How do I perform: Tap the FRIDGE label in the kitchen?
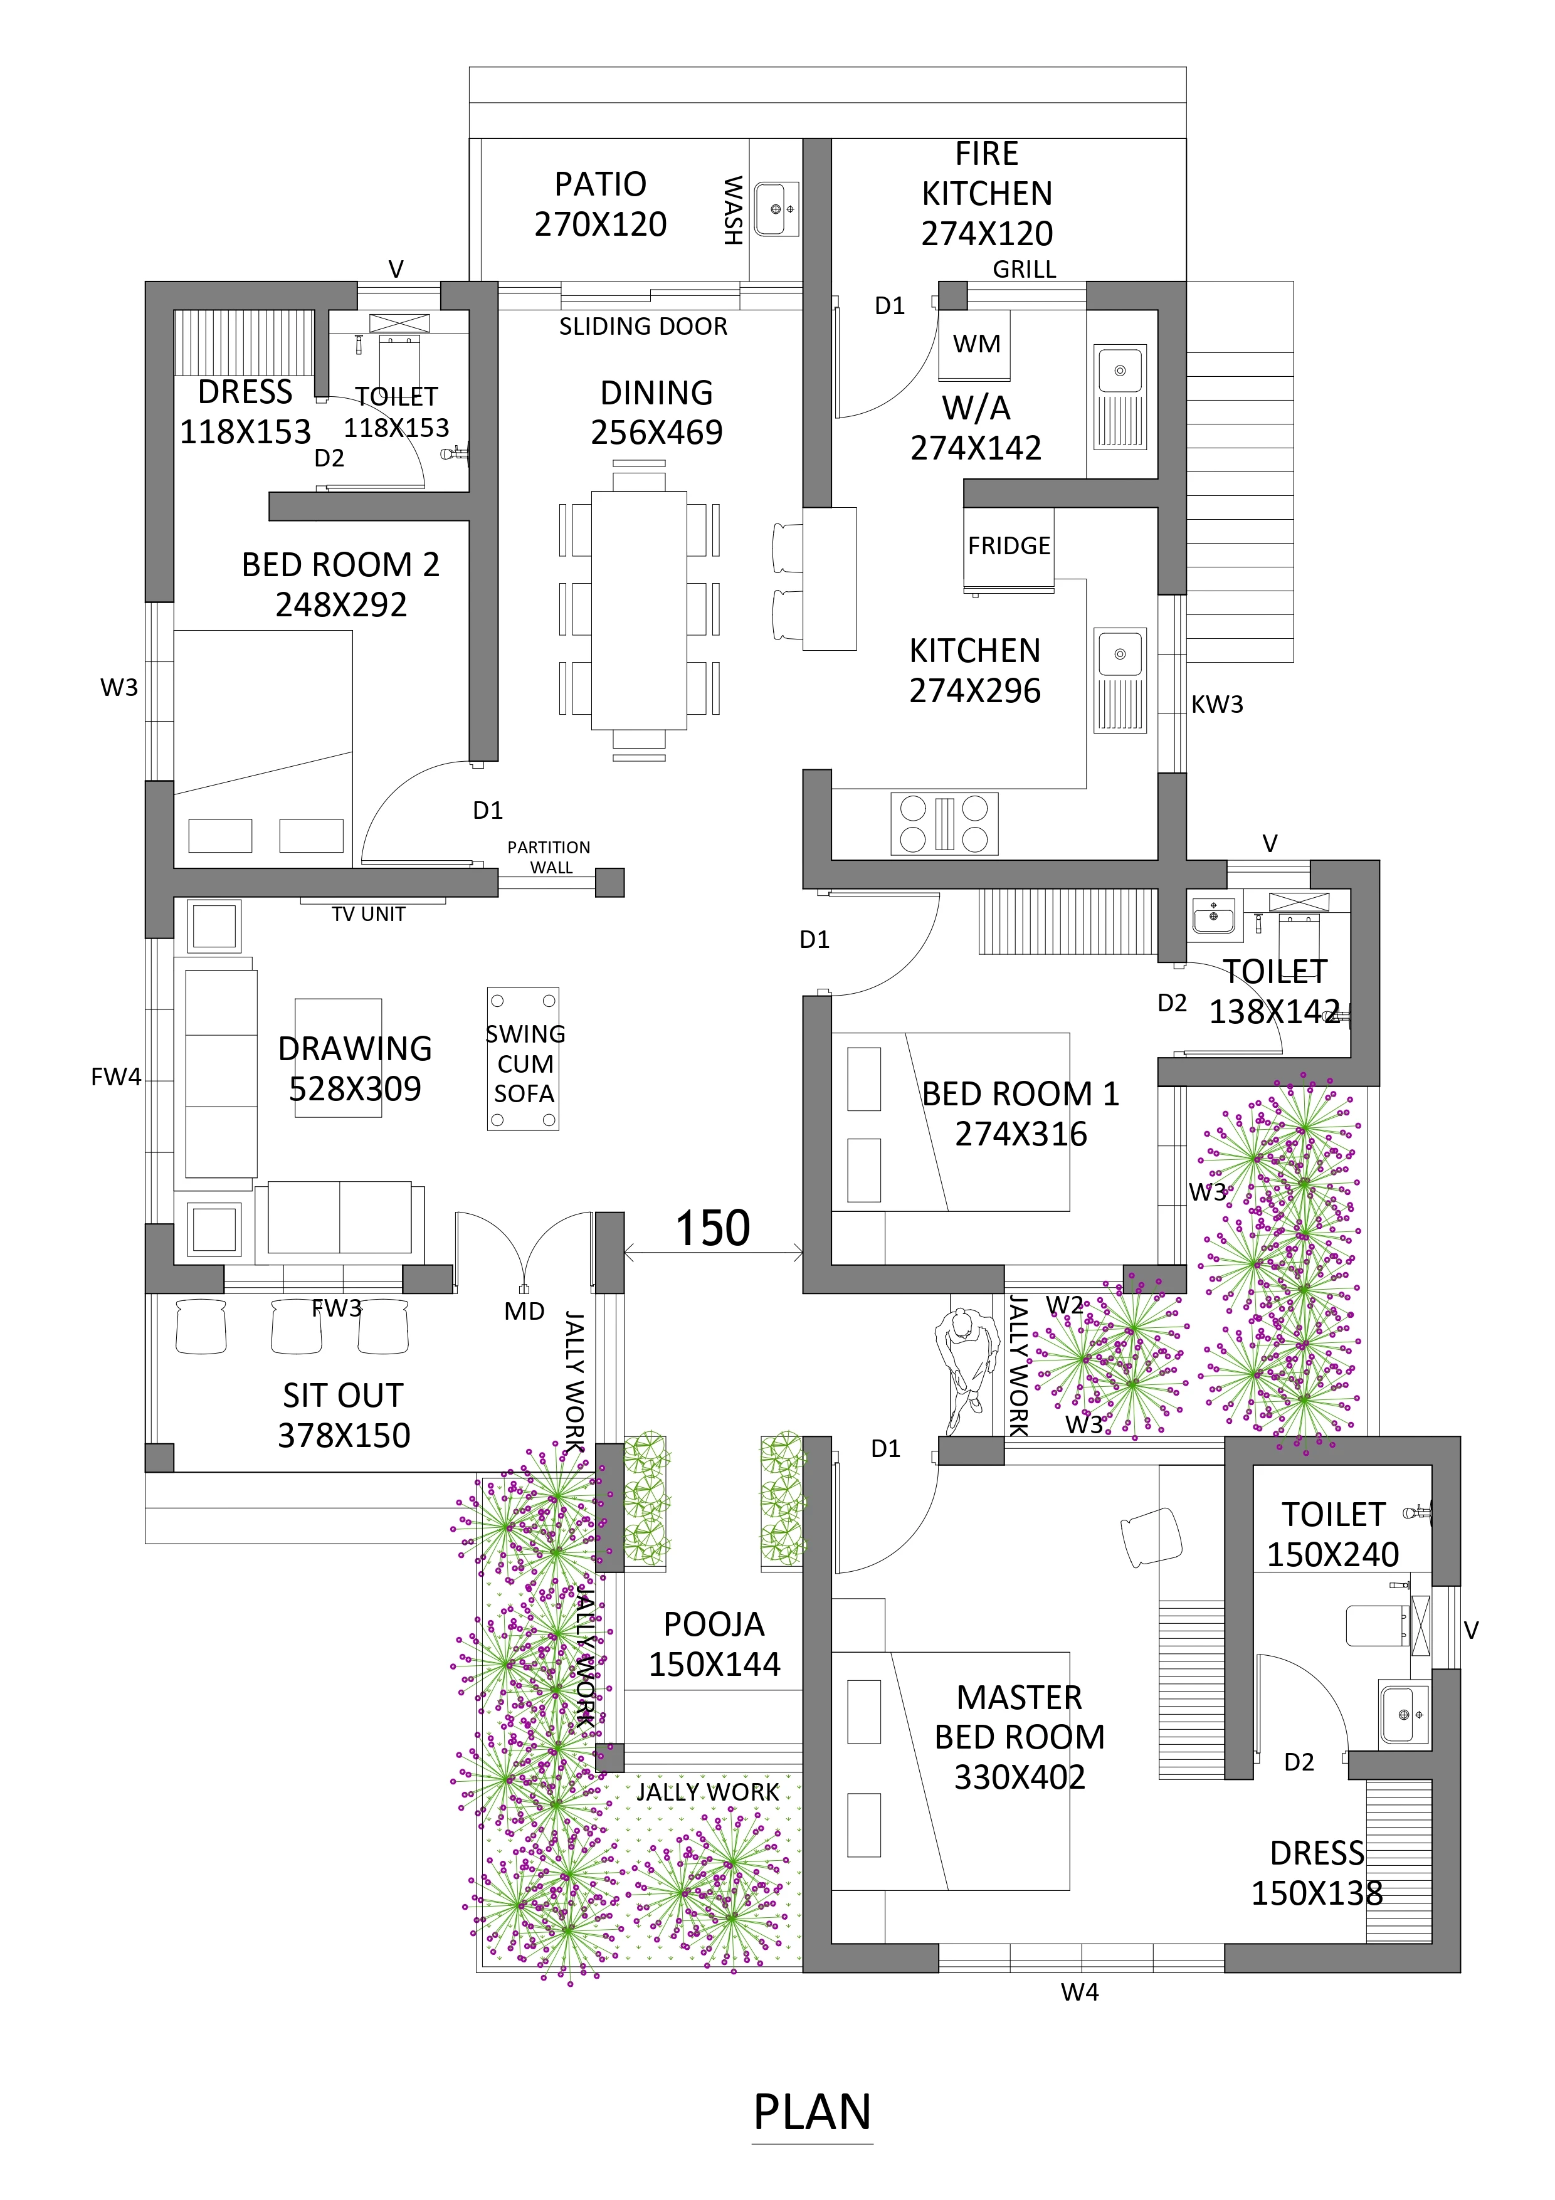(1009, 545)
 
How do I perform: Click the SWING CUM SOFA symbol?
(523, 1060)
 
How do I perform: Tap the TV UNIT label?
(369, 914)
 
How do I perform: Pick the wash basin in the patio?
(776, 208)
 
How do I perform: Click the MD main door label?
(524, 1311)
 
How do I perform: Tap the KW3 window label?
(1217, 704)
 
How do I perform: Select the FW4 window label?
(116, 1077)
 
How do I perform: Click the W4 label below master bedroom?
(1080, 1992)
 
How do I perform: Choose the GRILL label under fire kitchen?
(1024, 269)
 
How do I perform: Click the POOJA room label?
(715, 1624)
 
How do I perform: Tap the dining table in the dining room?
(639, 611)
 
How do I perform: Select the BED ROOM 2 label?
(341, 564)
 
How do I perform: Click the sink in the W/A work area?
(1120, 397)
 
